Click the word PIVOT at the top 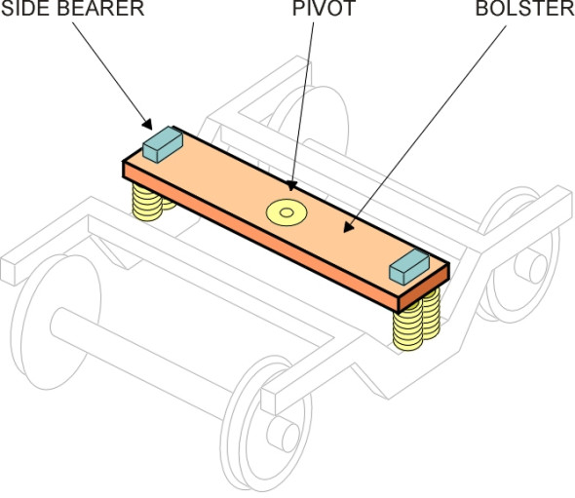[x=312, y=9]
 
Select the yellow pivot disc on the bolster [x=287, y=211]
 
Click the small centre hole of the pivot [x=287, y=211]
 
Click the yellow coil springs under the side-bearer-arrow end [x=150, y=205]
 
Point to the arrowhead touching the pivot [x=288, y=185]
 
